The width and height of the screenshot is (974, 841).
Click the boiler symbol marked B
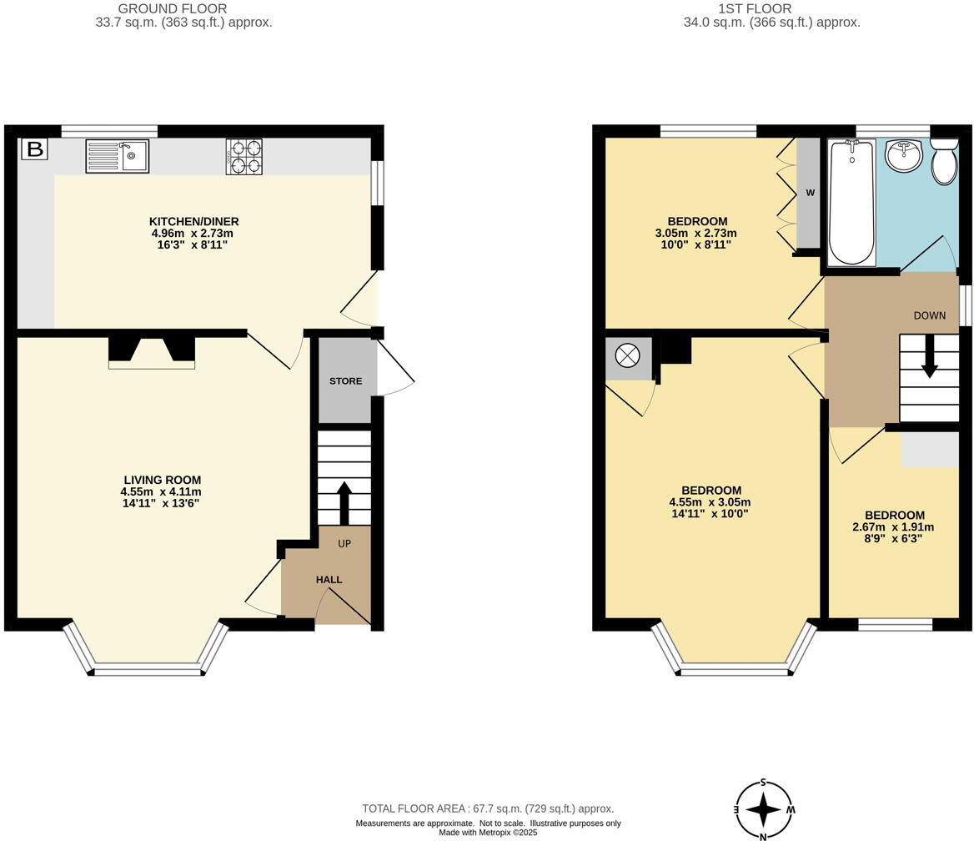[x=35, y=149]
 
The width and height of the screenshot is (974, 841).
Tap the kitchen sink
[x=117, y=156]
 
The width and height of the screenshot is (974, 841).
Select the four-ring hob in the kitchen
[x=243, y=156]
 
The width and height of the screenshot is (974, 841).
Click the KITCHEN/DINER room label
[x=193, y=221]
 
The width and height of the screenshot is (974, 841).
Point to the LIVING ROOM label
[x=162, y=480]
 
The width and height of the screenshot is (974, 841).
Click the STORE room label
[x=345, y=381]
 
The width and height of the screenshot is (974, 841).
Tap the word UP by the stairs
[x=344, y=544]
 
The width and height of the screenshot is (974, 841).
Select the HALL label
[x=329, y=580]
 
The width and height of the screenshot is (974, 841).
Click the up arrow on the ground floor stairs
[x=344, y=501]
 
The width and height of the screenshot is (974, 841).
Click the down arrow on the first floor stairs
[x=928, y=359]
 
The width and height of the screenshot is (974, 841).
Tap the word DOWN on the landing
[x=929, y=315]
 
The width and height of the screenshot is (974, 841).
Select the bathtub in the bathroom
[x=851, y=203]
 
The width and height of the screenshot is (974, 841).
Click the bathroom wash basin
[x=903, y=155]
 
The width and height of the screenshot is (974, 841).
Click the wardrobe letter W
[x=810, y=193]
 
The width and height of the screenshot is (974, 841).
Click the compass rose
[x=763, y=809]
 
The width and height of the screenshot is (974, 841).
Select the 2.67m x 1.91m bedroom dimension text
[x=893, y=527]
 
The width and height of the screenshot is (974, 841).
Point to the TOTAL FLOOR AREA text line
[x=488, y=808]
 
